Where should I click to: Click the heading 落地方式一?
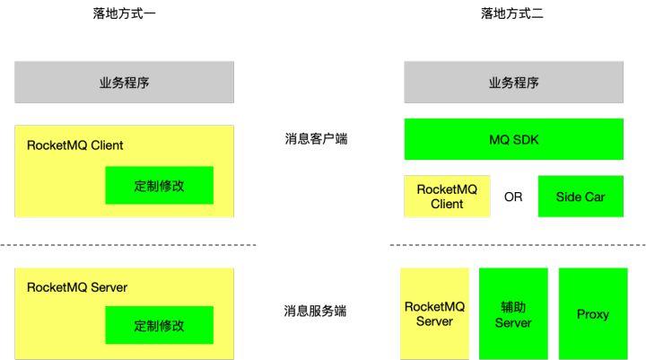124,13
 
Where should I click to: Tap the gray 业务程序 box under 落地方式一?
124,83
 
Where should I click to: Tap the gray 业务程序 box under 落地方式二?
513,83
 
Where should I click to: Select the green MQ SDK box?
513,139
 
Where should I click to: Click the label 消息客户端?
316,139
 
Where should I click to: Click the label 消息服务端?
316,312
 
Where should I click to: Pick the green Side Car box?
580,197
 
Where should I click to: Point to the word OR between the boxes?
513,197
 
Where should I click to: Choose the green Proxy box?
592,314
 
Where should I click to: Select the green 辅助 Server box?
513,314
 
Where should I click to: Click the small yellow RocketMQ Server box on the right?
434,314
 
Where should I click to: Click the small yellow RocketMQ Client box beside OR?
447,197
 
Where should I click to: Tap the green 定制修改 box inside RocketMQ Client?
159,186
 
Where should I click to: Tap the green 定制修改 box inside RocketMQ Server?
159,325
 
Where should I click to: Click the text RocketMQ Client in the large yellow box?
75,145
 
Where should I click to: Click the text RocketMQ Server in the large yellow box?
77,287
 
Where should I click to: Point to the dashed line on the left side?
127,244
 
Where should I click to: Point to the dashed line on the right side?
517,244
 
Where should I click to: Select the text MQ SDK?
513,139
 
